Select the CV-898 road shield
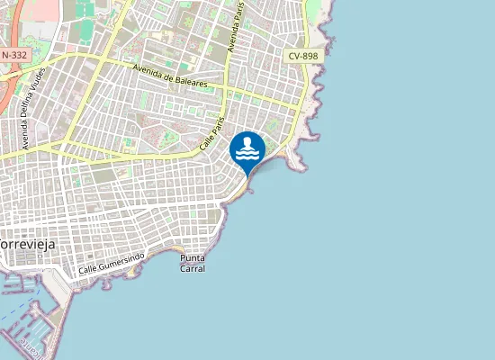tap(304, 56)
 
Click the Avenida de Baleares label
tap(169, 76)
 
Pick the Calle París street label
tap(211, 132)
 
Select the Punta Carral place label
tap(193, 263)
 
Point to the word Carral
tap(193, 268)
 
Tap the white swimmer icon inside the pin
tap(247, 147)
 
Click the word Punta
tap(193, 258)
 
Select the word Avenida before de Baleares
tap(145, 70)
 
